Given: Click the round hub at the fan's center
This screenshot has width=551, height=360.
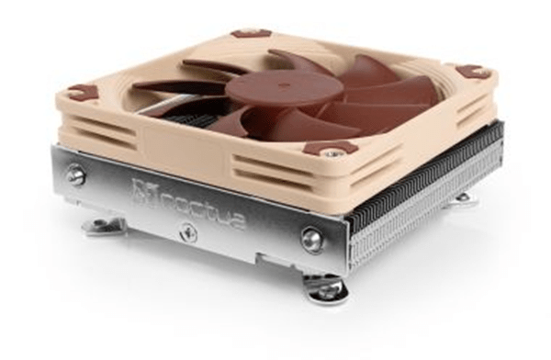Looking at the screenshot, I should tap(272, 88).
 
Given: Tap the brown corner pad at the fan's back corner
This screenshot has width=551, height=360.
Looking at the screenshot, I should tap(245, 33).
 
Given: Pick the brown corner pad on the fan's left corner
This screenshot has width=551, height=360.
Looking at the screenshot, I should tap(82, 92).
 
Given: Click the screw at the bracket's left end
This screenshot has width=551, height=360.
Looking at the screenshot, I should tap(76, 174).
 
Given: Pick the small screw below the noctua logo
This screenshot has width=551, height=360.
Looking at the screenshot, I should tap(191, 232).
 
